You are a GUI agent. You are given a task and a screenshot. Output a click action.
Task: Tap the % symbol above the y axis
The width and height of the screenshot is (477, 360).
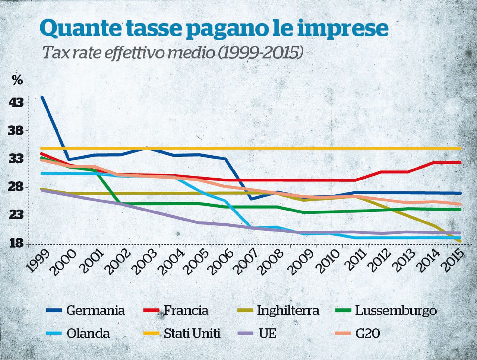(17, 80)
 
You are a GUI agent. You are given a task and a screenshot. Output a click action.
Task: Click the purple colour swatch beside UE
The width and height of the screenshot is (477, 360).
(245, 333)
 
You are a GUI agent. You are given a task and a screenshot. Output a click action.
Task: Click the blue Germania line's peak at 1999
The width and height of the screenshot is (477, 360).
(42, 97)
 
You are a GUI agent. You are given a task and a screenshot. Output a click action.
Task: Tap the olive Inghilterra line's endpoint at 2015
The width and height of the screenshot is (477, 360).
(461, 242)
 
